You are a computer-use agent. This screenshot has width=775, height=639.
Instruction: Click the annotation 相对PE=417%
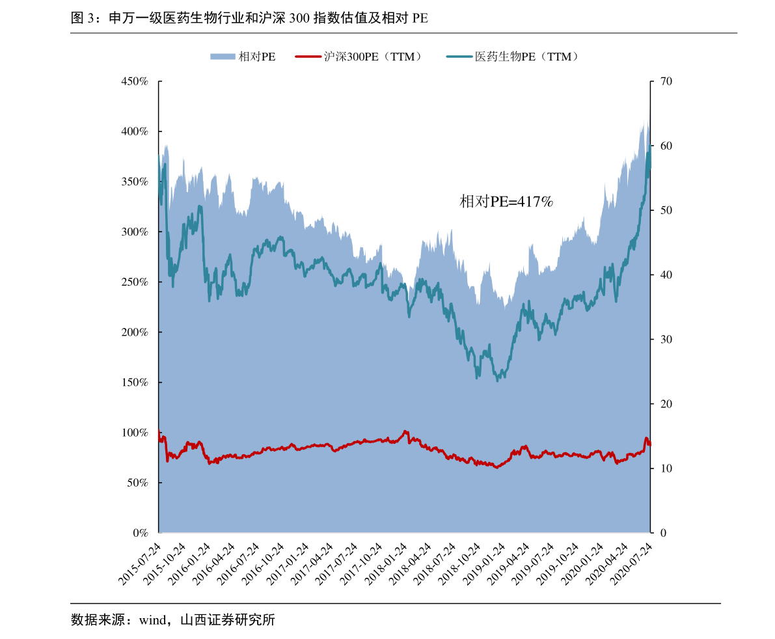coord(506,202)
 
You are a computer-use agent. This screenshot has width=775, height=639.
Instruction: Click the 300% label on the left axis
coord(135,232)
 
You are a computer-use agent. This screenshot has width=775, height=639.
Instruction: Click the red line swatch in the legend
coord(308,57)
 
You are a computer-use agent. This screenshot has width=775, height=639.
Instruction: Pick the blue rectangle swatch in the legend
coord(222,57)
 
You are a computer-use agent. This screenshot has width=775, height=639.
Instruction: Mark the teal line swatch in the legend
coord(459,57)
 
